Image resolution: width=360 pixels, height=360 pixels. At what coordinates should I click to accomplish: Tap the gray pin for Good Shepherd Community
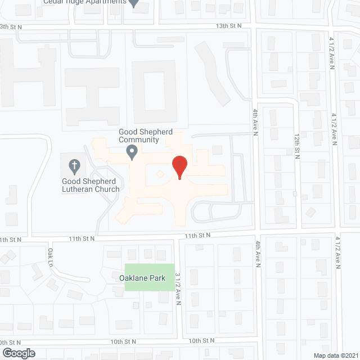point(132,151)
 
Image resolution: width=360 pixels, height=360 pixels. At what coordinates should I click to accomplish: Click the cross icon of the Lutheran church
point(73,166)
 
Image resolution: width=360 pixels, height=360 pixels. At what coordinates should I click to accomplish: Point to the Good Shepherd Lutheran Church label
point(91,185)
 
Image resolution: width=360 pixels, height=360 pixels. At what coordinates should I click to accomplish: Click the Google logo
point(18,353)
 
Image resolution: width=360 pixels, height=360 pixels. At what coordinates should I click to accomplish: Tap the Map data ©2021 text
point(335,355)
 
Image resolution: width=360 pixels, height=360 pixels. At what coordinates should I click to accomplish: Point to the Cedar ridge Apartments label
point(84,2)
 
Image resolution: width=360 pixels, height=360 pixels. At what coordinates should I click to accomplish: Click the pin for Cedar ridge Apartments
point(134,3)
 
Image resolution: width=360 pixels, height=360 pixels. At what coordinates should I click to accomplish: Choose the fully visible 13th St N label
point(229,26)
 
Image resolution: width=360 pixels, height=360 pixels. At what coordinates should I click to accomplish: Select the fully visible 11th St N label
point(197,235)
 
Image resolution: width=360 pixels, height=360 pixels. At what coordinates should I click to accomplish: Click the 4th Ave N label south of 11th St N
point(258,253)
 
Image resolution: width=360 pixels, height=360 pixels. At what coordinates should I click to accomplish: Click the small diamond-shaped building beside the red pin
point(160,175)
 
